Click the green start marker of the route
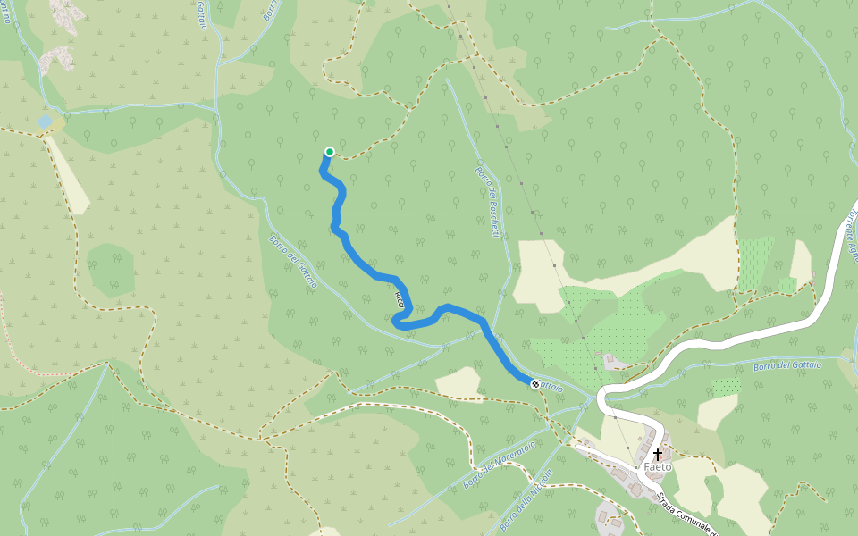pos(330,152)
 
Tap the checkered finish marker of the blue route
pos(535,384)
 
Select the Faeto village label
pos(657,467)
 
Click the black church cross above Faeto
pos(658,455)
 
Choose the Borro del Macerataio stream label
pos(500,465)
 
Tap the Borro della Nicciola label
pos(526,500)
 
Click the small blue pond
pos(45,120)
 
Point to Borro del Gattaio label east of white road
pos(786,364)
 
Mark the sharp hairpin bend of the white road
pos(602,397)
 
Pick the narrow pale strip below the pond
pos(68,174)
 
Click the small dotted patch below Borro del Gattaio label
pos(726,387)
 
